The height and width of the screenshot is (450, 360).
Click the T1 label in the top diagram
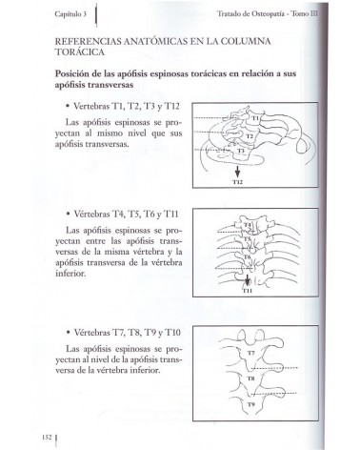pyautogui.click(x=256, y=117)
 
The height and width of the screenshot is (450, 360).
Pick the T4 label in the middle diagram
pyautogui.click(x=249, y=226)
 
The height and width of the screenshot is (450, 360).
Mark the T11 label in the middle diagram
pyautogui.click(x=247, y=291)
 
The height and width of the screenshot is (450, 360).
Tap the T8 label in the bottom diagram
pyautogui.click(x=251, y=378)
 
